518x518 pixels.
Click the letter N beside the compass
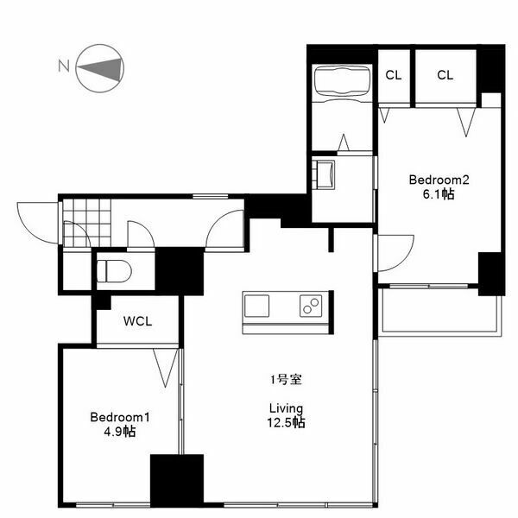point(64,66)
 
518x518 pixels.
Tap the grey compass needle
point(99,69)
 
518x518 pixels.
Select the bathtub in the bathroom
point(342,81)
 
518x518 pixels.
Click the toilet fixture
point(114,271)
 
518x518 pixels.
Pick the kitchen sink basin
point(256,306)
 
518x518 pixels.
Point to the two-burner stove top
point(311,306)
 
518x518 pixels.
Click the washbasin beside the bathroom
point(324,174)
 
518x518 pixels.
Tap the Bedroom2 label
point(439,180)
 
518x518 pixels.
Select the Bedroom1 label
point(120,417)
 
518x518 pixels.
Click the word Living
point(286,408)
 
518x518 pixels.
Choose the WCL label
point(138,321)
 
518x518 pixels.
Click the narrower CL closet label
point(394,75)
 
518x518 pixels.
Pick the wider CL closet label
point(445,75)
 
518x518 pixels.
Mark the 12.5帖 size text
point(286,423)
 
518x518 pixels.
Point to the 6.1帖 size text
point(439,194)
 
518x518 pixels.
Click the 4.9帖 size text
point(120,432)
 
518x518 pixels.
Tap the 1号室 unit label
point(286,380)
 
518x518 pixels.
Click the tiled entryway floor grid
point(86,223)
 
